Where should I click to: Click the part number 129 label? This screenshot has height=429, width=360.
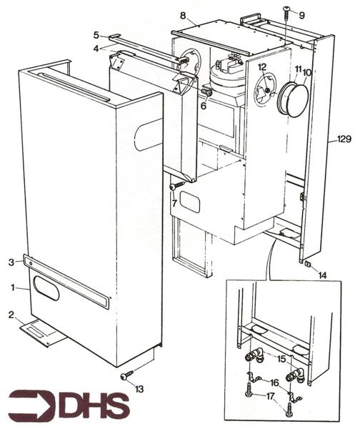point(344,139)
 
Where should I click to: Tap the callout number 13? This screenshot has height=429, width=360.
point(139,389)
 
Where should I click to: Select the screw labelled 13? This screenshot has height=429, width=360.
point(127,375)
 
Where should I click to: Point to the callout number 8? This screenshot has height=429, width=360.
point(183,16)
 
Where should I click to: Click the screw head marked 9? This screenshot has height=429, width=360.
point(286,9)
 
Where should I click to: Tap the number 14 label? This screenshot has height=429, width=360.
point(323,275)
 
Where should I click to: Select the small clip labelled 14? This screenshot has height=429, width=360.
point(308,264)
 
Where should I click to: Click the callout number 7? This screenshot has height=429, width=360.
point(174,203)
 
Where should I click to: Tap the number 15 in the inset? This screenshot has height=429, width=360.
point(281,359)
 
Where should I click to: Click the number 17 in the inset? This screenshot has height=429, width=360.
point(271,396)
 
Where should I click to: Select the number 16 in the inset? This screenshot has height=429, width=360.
point(274,383)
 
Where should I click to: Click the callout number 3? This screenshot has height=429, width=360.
point(11,262)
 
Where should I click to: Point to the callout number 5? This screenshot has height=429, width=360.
point(96,35)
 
